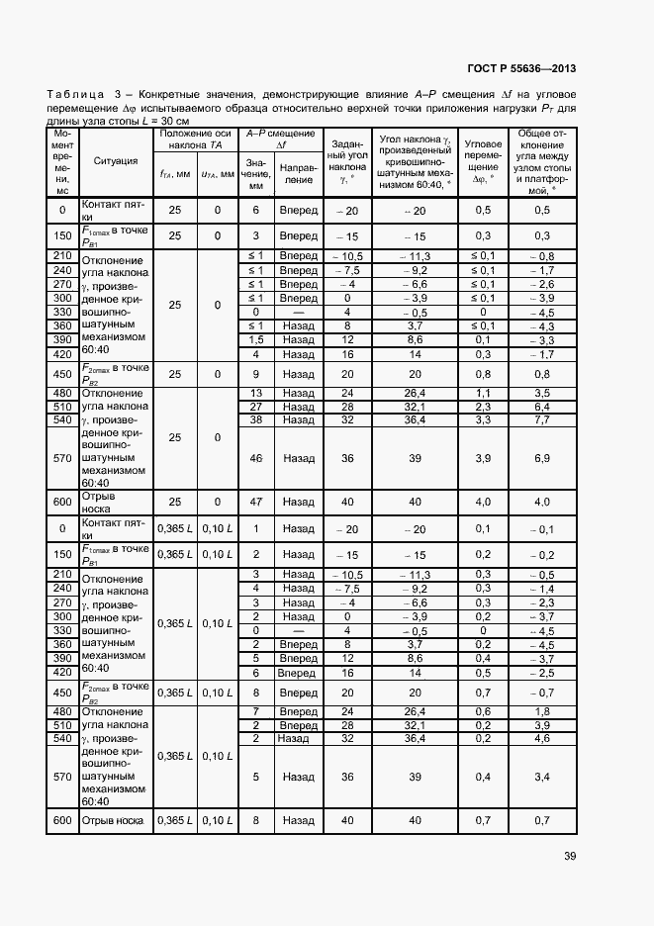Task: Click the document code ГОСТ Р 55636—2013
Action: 522,69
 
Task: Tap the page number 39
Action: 569,857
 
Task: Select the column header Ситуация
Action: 116,160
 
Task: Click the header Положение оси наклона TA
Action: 196,139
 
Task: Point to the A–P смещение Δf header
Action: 280,139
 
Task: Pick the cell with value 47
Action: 255,503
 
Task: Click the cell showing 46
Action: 255,458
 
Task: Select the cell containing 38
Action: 255,419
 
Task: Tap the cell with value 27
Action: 255,406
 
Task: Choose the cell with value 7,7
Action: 541,419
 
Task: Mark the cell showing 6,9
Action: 541,458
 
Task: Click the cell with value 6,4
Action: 541,406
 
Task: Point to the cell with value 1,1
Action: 482,392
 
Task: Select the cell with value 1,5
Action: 255,339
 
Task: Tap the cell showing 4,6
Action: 541,738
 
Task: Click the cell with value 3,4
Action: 541,777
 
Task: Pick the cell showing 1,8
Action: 541,710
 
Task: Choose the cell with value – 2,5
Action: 541,672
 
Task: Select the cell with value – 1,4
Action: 541,589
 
